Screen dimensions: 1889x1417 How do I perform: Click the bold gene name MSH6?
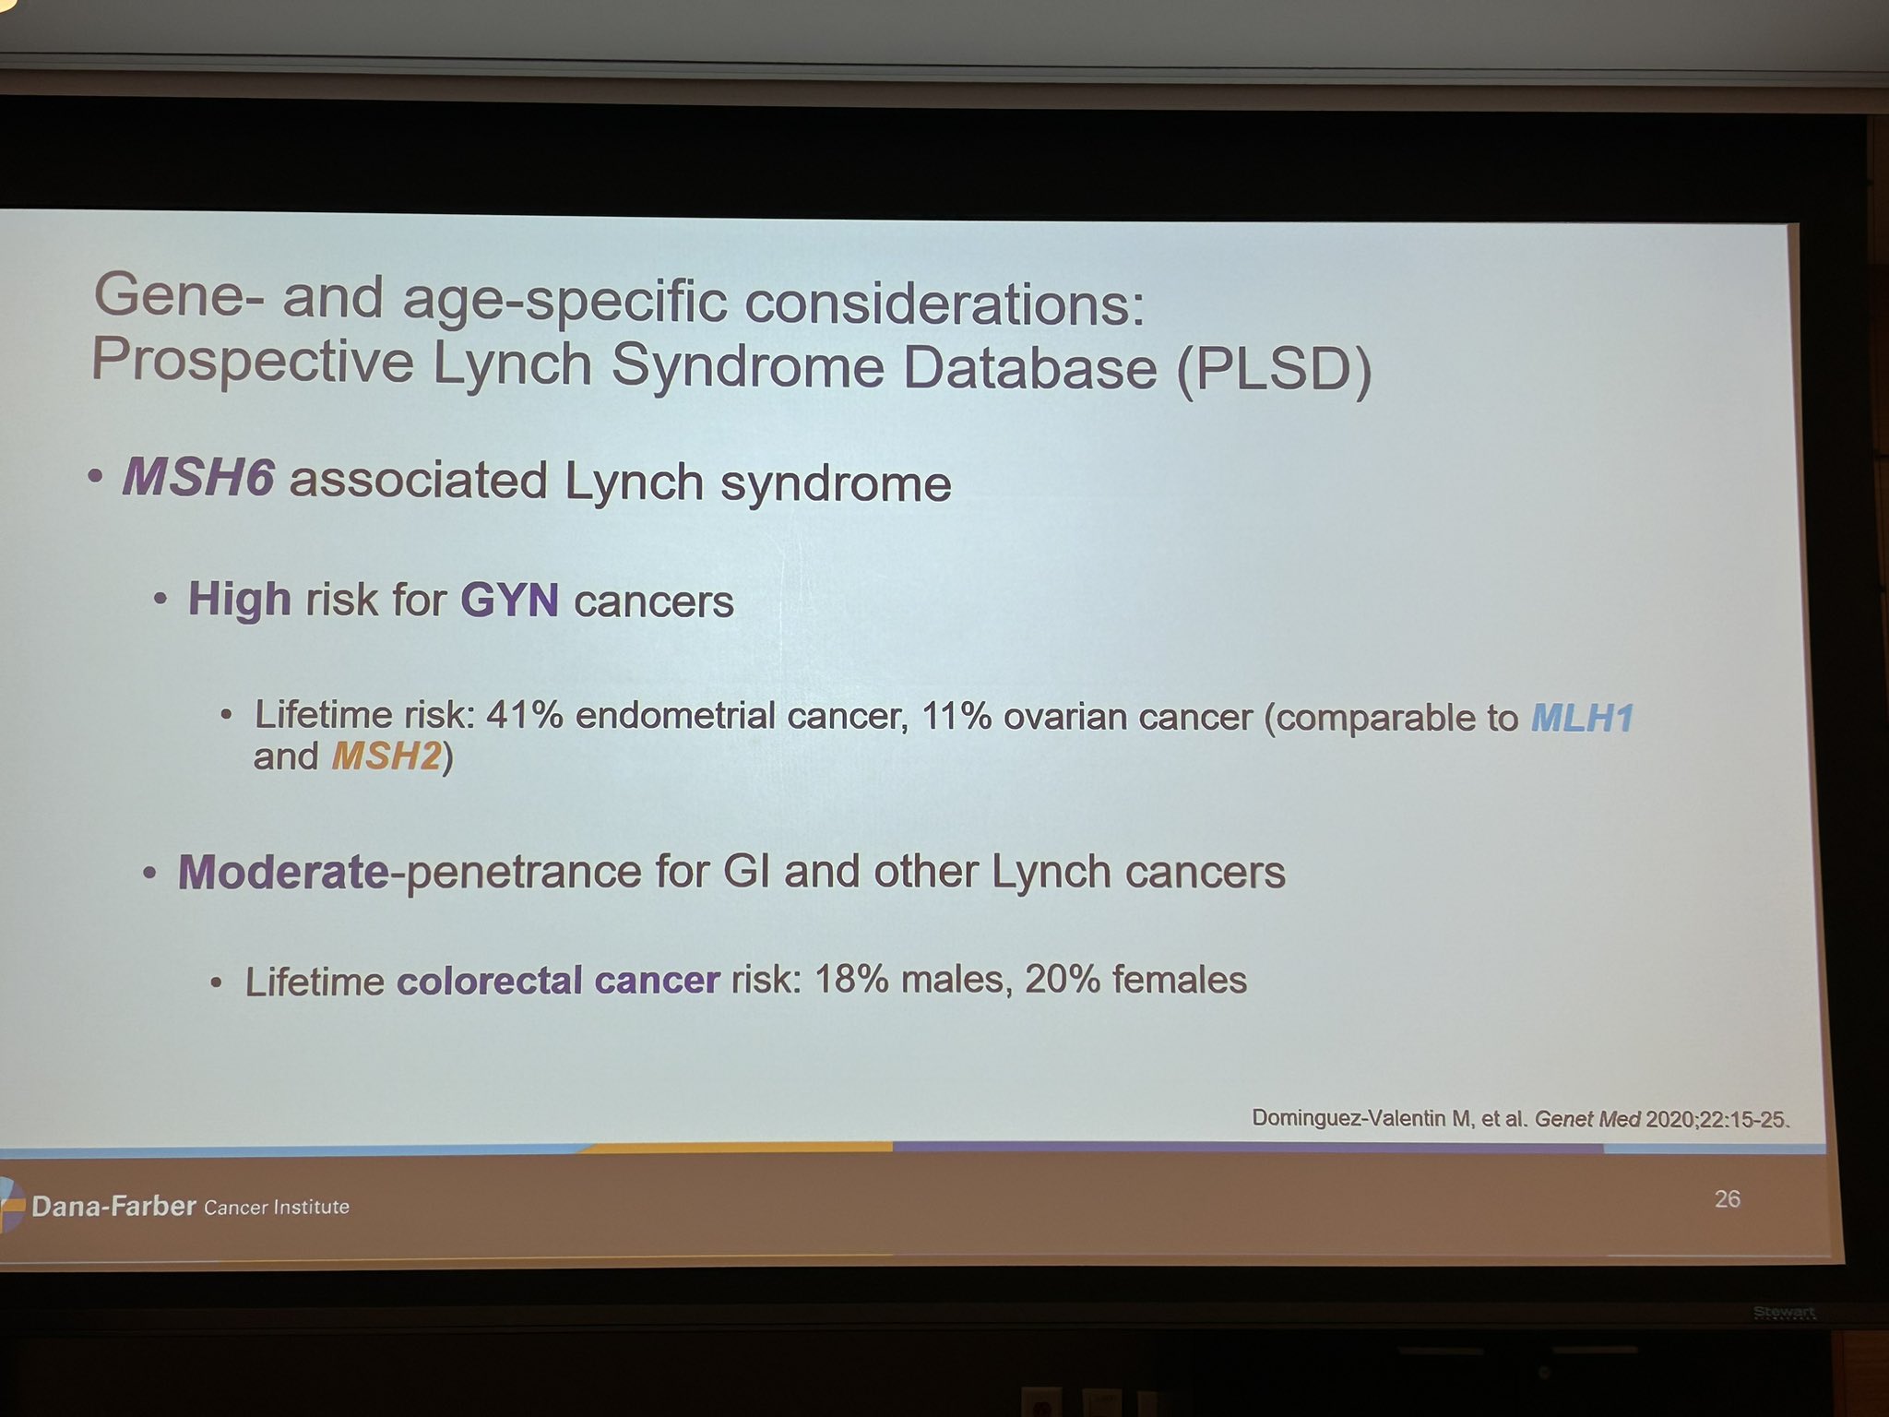coord(198,478)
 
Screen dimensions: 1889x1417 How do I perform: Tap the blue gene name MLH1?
coord(1583,718)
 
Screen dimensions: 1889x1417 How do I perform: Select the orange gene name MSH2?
coord(386,756)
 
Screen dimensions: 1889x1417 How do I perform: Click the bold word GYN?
coord(510,601)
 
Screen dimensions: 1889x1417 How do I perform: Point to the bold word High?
coord(240,600)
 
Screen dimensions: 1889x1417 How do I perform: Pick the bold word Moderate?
coord(284,872)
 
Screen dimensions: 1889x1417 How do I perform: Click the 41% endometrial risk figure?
coord(524,715)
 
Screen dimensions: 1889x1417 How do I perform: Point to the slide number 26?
coord(1728,1198)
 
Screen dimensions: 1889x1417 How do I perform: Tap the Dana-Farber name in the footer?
coord(113,1206)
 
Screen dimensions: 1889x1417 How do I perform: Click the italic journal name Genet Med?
coord(1587,1119)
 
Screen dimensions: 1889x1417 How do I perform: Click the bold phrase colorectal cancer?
coord(558,980)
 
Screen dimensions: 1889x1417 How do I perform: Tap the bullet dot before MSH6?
coord(94,478)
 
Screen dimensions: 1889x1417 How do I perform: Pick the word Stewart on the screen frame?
coord(1785,1312)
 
